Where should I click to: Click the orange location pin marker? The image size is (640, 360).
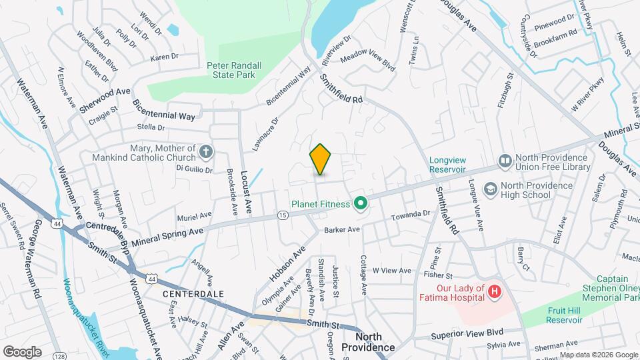coord(321,159)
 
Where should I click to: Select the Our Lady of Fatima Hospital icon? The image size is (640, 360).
coord(494,291)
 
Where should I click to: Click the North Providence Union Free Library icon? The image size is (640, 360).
coord(505,162)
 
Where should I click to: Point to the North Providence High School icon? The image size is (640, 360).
coord(491,190)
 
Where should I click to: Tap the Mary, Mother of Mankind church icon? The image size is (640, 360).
coord(206,153)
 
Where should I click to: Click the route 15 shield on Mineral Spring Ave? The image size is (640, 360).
coord(283,215)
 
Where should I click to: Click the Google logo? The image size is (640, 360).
coord(22,351)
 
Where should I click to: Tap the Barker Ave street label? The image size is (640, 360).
coord(342,229)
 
